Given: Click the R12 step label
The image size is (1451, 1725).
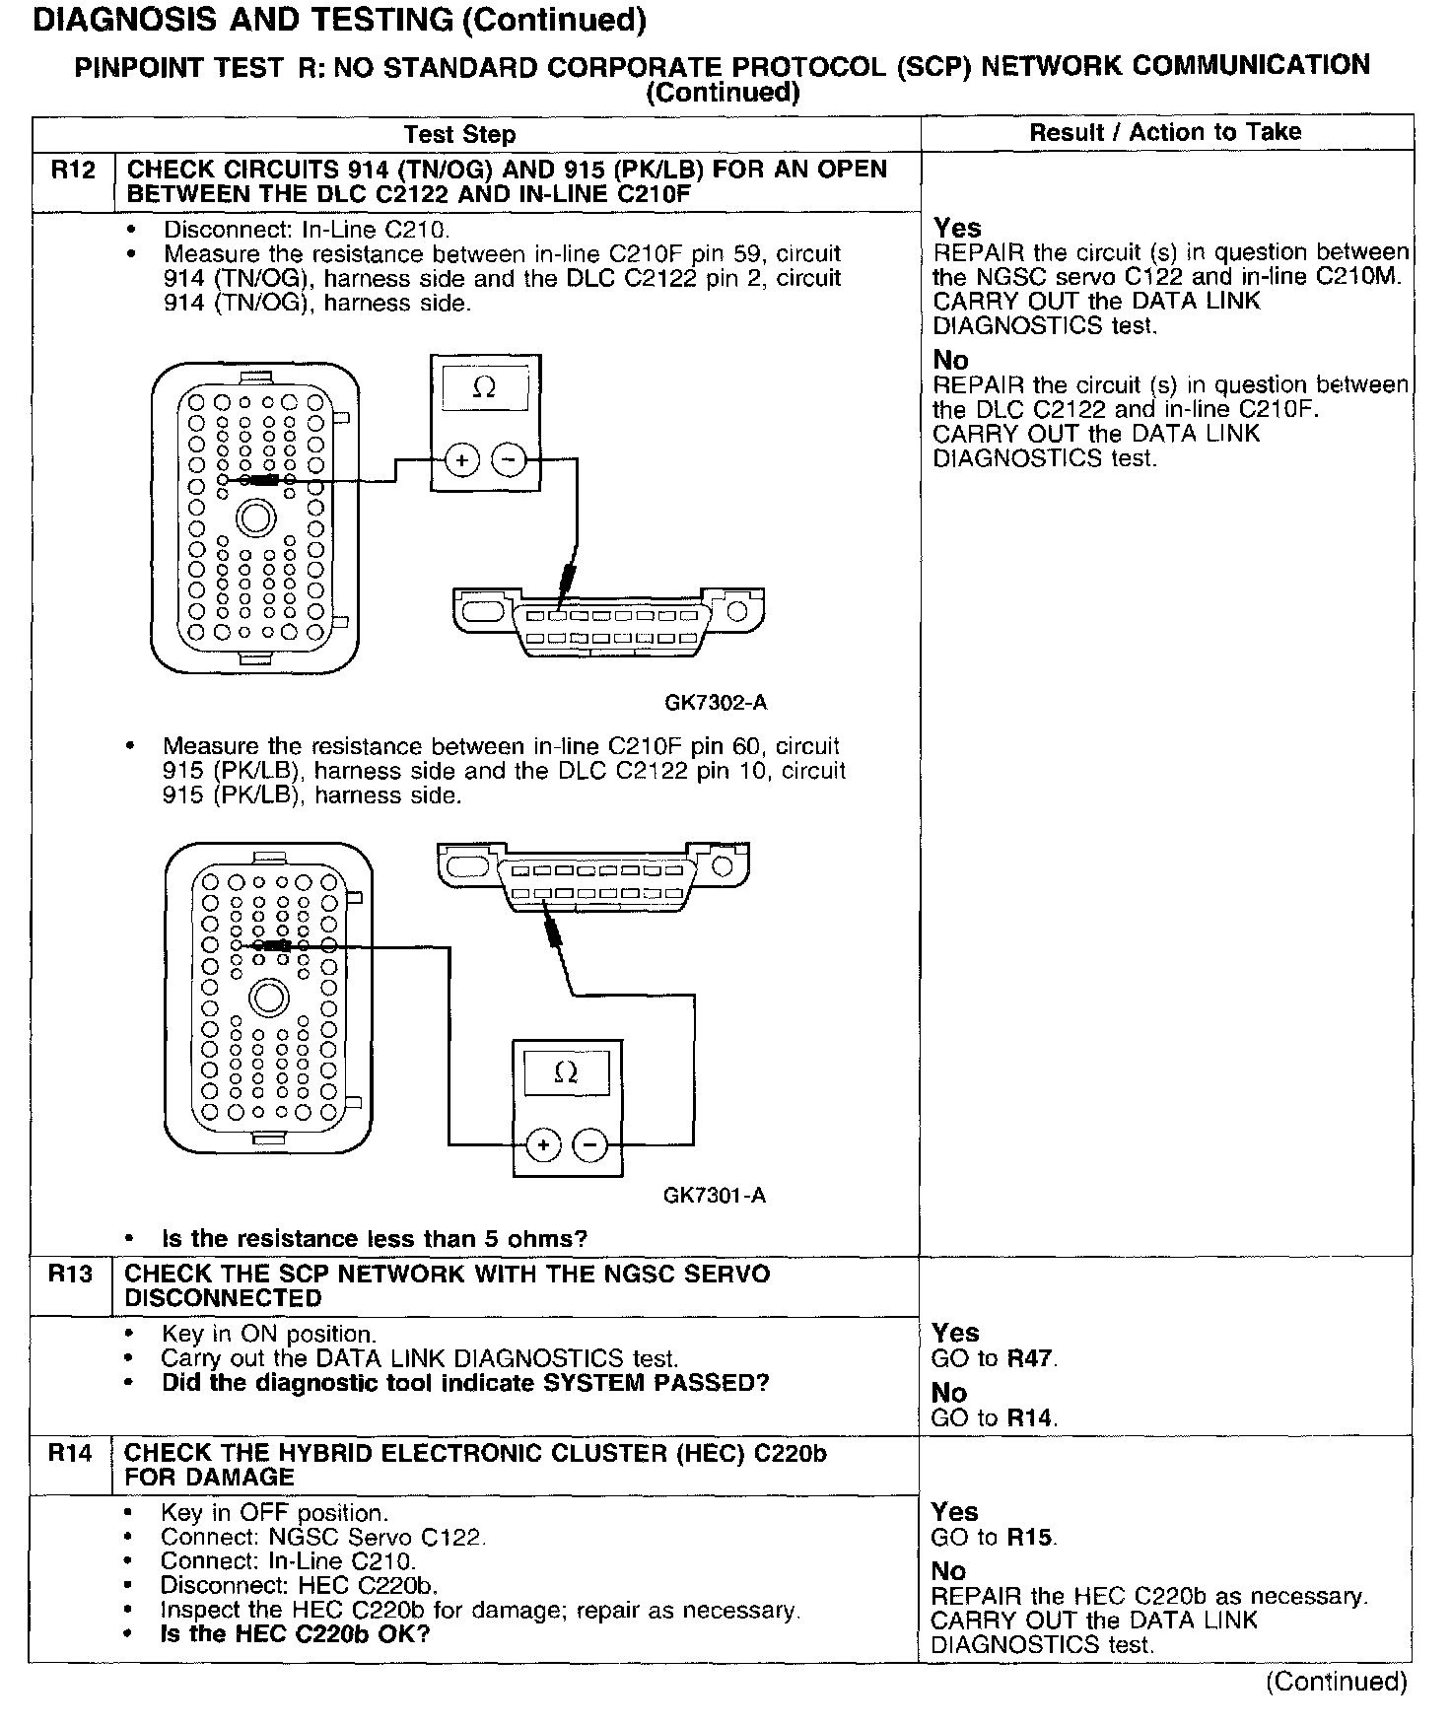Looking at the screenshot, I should [73, 171].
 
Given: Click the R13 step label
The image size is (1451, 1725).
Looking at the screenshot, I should [71, 1275].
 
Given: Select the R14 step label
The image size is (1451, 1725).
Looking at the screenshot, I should [71, 1453].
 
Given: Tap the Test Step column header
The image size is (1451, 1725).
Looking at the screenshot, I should [459, 134].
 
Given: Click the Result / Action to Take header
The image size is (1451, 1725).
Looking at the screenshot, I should [1165, 132].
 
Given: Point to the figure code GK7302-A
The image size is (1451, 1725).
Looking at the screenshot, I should [715, 703].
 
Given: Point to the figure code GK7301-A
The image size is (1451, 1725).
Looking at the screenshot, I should [714, 1196].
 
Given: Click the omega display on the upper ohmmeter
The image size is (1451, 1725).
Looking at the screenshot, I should [484, 388].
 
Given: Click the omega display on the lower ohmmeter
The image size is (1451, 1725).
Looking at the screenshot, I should [566, 1072].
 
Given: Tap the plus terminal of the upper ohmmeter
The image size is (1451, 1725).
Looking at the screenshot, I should [461, 459].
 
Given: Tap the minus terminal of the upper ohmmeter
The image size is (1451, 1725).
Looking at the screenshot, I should [509, 459].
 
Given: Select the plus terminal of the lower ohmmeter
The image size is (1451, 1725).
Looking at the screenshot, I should [543, 1145].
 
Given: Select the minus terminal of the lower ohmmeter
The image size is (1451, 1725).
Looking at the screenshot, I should [589, 1145].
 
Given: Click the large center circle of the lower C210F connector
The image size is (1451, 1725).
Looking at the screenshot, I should [267, 999].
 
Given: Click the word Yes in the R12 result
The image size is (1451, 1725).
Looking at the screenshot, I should [957, 228].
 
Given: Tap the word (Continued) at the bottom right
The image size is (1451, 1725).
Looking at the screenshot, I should [1336, 1681].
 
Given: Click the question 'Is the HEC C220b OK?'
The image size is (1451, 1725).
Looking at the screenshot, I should [296, 1634].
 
